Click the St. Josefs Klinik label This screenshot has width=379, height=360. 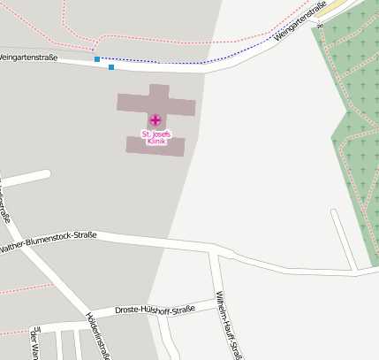[x=155, y=137]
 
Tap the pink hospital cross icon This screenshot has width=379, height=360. [x=155, y=119]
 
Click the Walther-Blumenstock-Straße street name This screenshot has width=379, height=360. [x=49, y=241]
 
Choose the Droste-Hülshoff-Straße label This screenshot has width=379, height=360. [x=155, y=310]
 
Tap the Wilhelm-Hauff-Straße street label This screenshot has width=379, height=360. [x=228, y=324]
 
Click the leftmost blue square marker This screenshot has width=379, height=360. [x=97, y=59]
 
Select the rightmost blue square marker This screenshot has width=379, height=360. [x=110, y=66]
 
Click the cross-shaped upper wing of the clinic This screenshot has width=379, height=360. [x=157, y=102]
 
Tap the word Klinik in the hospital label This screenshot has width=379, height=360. [x=156, y=142]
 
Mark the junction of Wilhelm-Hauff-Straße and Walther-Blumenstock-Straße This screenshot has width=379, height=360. [x=212, y=250]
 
